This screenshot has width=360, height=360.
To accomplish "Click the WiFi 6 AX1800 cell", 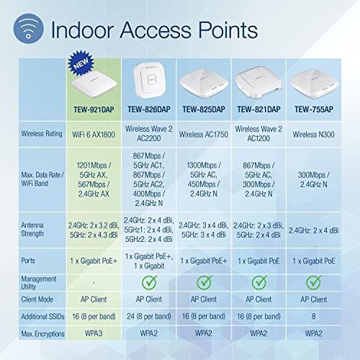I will click(95, 132).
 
